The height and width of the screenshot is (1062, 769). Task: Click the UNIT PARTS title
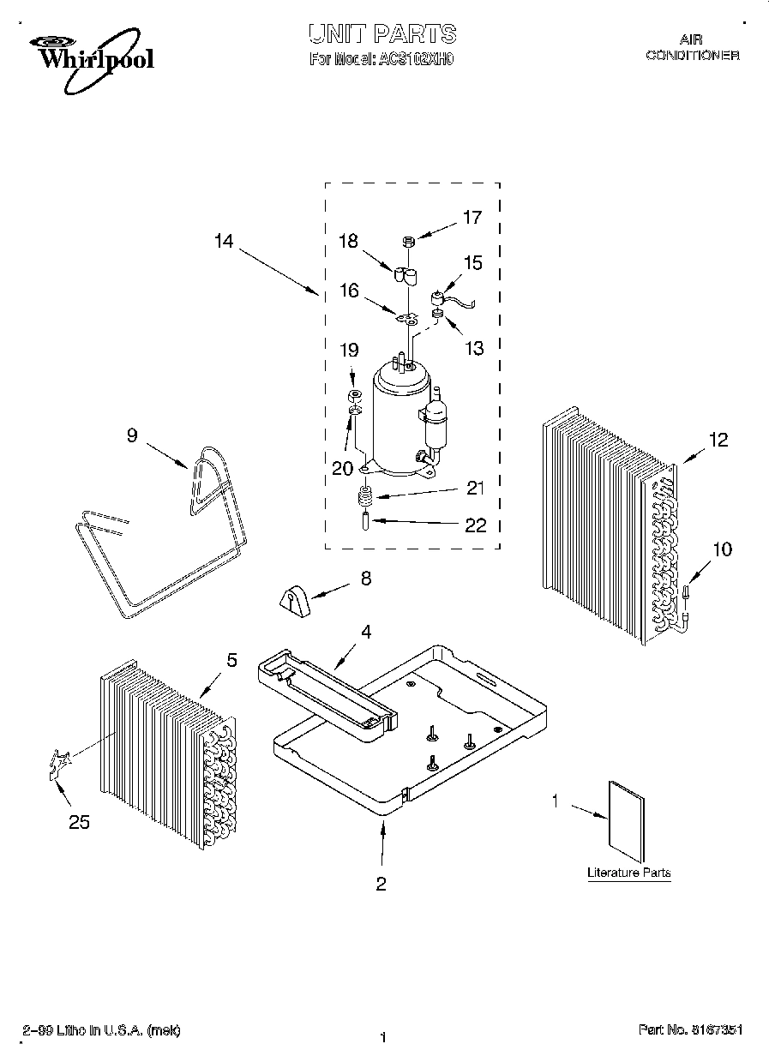coord(382,34)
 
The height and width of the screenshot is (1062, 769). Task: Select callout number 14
coord(223,242)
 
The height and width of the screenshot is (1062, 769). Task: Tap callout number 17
coord(472,218)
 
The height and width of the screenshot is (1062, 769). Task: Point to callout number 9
coord(131,435)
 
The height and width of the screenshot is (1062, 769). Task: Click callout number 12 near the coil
coord(718,441)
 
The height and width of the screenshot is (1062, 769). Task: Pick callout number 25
coord(79,822)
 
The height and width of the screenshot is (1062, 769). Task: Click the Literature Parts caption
coord(628,873)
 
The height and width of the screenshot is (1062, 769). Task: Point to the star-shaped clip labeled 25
coord(59,763)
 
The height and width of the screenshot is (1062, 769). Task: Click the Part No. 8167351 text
coord(690,1030)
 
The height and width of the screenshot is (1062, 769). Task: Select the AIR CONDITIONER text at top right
coord(692,47)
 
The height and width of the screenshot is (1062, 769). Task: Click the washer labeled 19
coord(352,395)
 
